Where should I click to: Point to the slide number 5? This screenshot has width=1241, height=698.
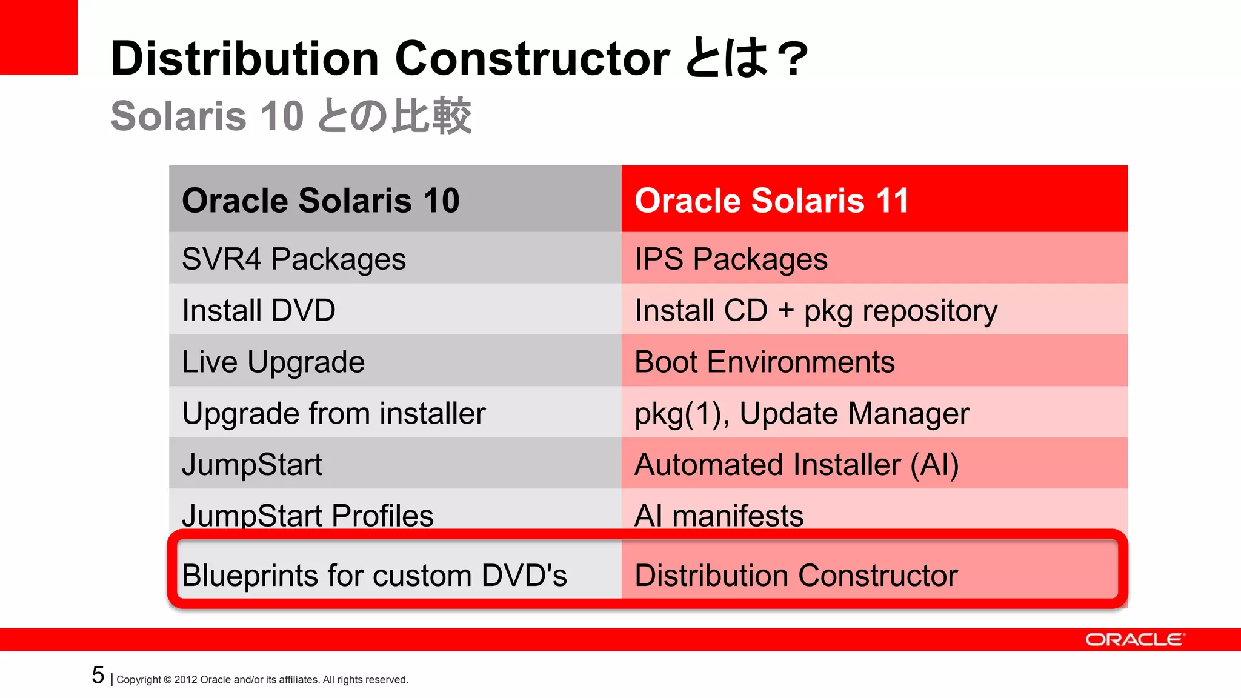point(98,675)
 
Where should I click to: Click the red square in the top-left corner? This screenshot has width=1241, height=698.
point(38,36)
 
